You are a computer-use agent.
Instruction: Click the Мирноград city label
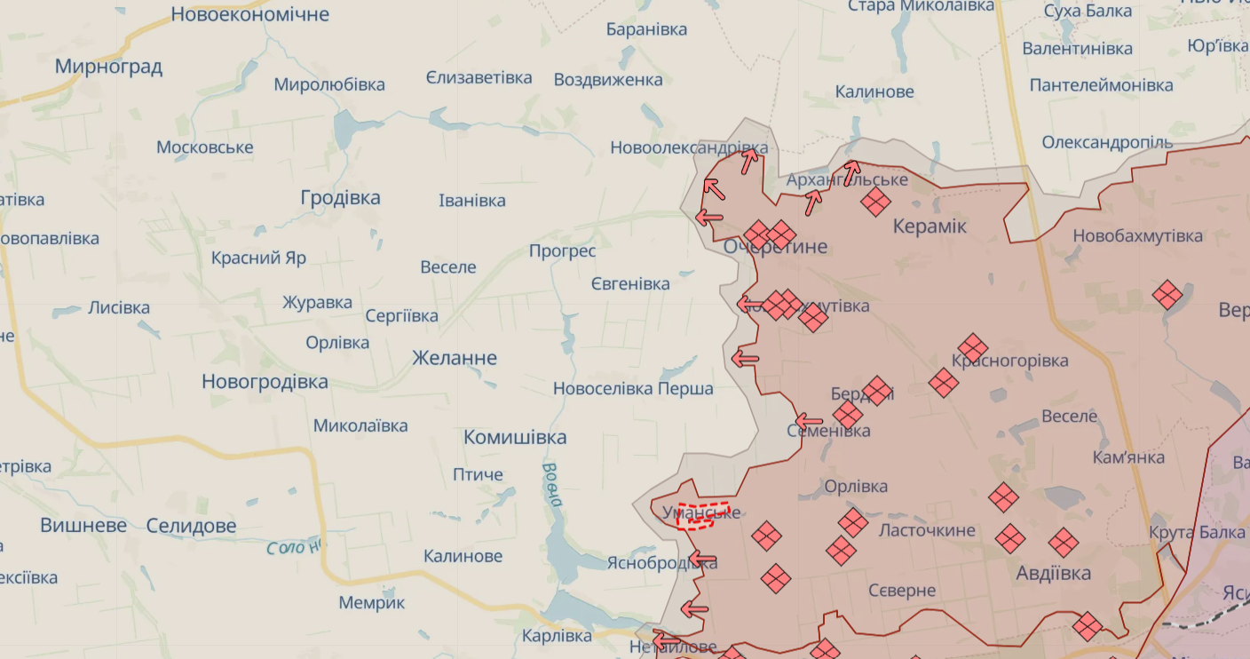click(x=108, y=67)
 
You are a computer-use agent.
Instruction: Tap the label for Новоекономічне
click(x=249, y=14)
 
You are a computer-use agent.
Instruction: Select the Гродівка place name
click(x=340, y=197)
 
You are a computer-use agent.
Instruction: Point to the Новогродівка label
click(x=265, y=382)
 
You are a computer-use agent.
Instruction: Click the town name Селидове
click(x=191, y=526)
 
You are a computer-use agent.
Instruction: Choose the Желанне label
click(x=455, y=358)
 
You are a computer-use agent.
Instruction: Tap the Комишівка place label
click(x=515, y=437)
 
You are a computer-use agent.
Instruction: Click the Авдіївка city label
click(x=1053, y=573)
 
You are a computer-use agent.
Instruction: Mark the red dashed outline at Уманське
click(x=703, y=515)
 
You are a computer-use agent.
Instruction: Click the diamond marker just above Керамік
click(x=875, y=202)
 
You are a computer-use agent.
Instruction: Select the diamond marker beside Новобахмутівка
click(x=1167, y=295)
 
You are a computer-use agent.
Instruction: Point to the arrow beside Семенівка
click(x=809, y=421)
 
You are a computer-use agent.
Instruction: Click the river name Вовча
click(x=551, y=484)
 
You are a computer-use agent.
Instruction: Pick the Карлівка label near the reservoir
click(x=557, y=636)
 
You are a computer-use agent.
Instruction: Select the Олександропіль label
click(x=1107, y=142)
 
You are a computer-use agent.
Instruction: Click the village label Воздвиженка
click(x=608, y=79)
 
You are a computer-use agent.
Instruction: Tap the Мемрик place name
click(x=371, y=602)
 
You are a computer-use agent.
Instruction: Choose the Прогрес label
click(x=562, y=250)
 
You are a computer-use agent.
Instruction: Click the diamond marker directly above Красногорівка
click(x=973, y=348)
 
